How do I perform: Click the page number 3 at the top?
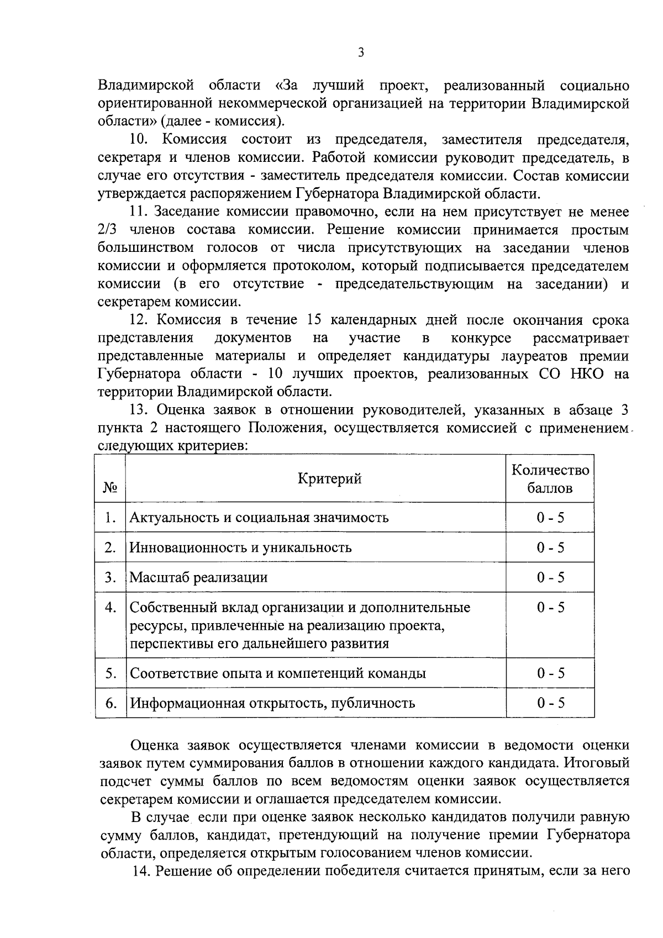pyautogui.click(x=361, y=52)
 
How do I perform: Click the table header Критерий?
pyautogui.click(x=330, y=478)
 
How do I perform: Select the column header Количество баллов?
pyautogui.click(x=550, y=478)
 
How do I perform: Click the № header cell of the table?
pyautogui.click(x=110, y=488)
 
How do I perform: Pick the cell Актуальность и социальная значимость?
pyautogui.click(x=259, y=518)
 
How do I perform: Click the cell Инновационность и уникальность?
pyautogui.click(x=240, y=547)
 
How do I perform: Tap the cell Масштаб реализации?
pyautogui.click(x=198, y=577)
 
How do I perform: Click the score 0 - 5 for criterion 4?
pyautogui.click(x=550, y=608)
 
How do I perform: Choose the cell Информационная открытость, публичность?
pyautogui.click(x=272, y=703)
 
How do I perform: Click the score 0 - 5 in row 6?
pyautogui.click(x=550, y=703)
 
